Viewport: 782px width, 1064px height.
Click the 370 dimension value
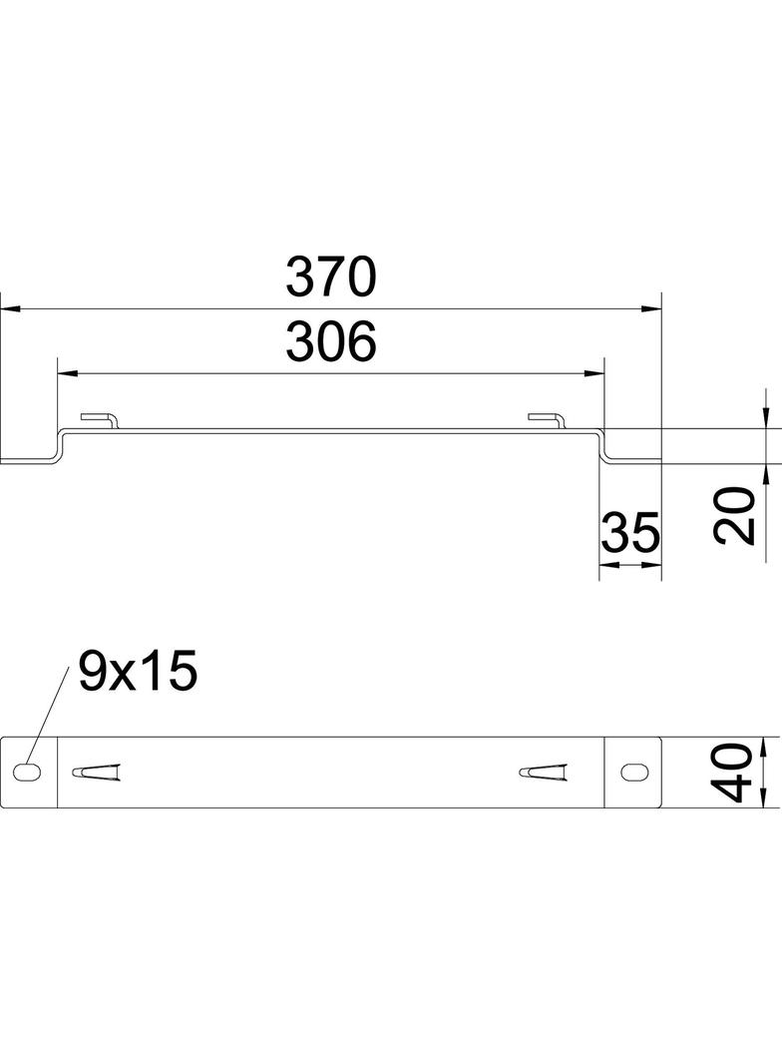pos(330,277)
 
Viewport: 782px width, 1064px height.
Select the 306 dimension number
pos(330,341)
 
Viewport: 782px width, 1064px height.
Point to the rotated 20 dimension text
pos(734,515)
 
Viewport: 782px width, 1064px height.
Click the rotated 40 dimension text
pos(731,773)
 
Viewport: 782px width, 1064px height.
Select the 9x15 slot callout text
pos(138,671)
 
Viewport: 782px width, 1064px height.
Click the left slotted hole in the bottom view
pos(27,772)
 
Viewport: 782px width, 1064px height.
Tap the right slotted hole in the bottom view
pos(634,772)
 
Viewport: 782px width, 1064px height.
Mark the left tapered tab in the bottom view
pos(97,773)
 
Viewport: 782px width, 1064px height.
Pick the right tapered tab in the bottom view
pos(543,773)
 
